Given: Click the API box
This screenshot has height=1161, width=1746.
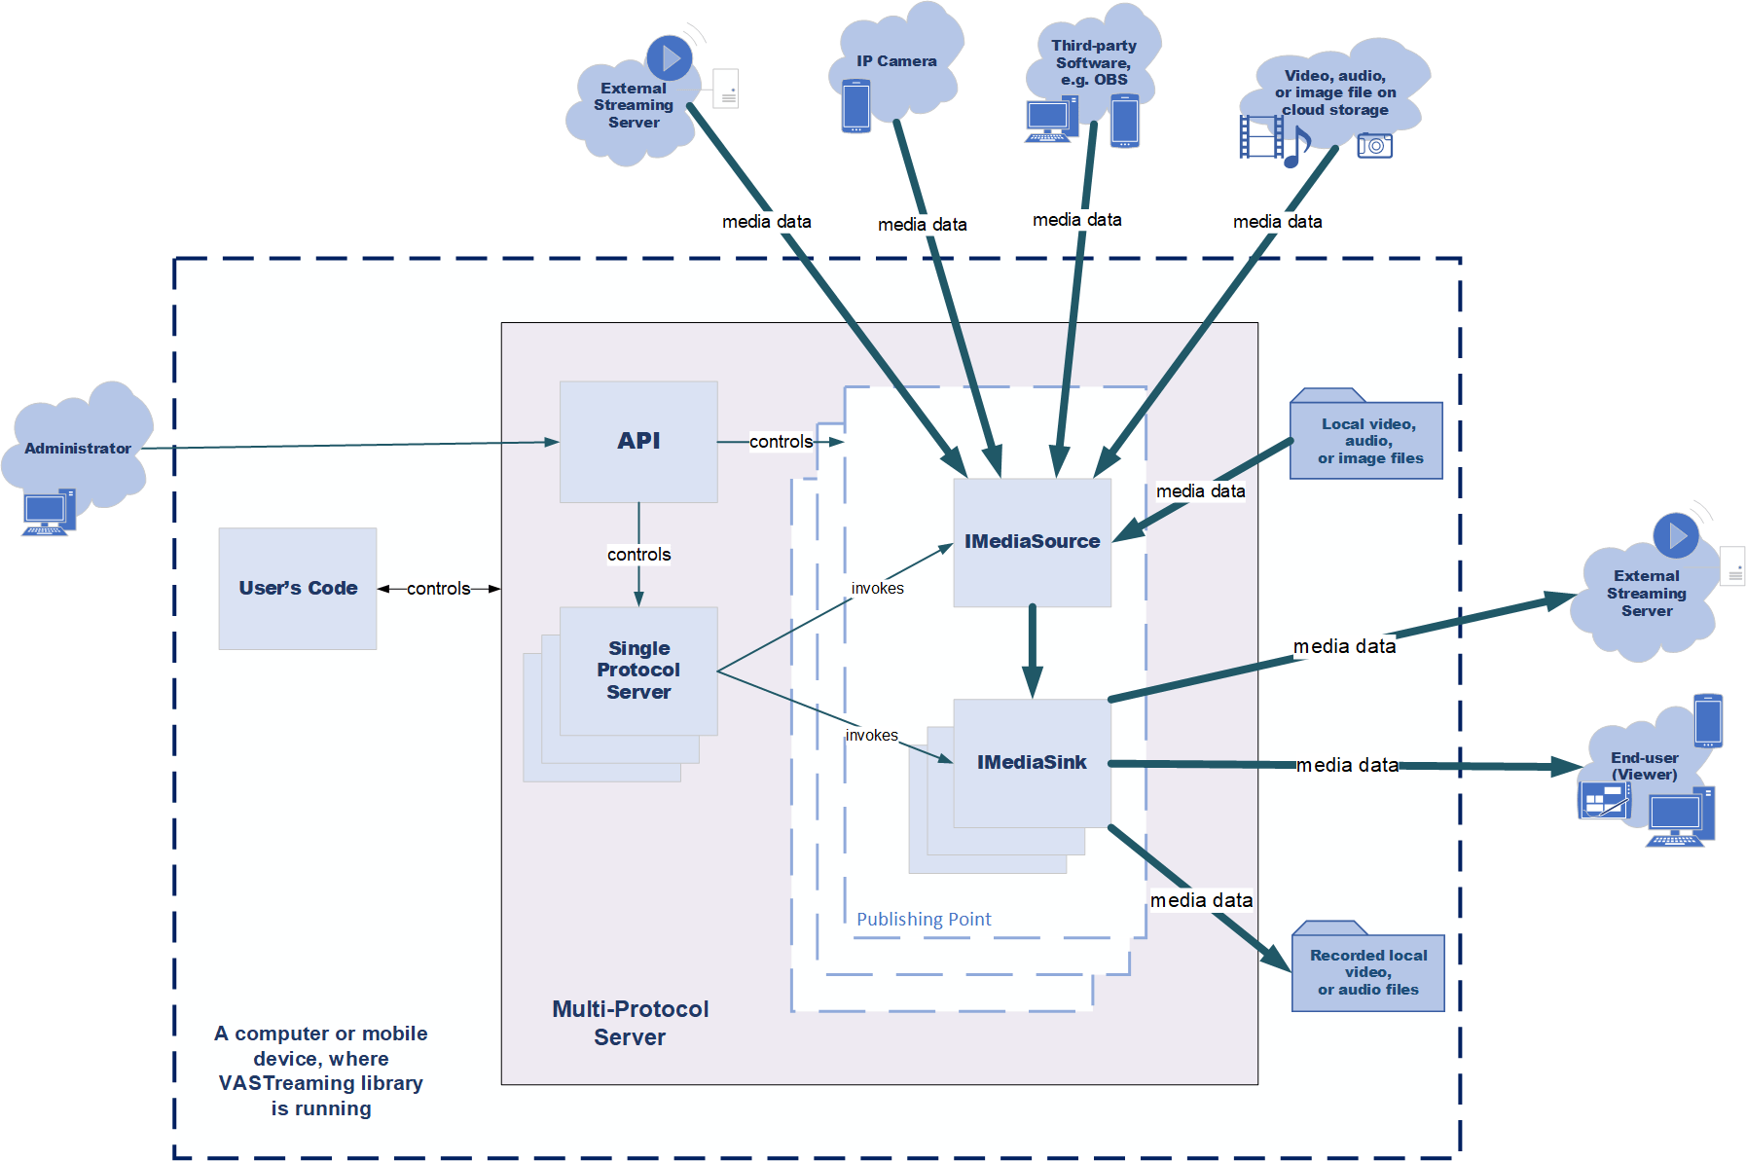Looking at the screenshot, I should (x=638, y=441).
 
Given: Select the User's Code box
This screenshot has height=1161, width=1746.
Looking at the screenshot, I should (x=298, y=588).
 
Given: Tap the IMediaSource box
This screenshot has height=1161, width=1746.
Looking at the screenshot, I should (x=1032, y=542).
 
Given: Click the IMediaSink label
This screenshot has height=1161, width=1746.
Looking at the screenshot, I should (x=1032, y=762).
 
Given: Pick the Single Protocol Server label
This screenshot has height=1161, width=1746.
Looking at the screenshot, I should (x=638, y=670).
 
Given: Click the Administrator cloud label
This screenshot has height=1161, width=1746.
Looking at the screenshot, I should (x=78, y=449).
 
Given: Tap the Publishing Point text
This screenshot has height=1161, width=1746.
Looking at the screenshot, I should (x=924, y=919).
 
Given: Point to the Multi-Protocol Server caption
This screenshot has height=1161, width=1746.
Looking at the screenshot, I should (x=630, y=1023).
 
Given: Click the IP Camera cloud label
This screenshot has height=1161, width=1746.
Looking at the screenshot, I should (x=896, y=61).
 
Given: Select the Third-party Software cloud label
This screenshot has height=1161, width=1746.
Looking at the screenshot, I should (x=1094, y=62).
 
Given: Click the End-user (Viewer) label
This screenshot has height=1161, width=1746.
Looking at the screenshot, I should (x=1644, y=766).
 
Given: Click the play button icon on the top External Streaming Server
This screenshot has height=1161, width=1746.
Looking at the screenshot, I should (x=670, y=58).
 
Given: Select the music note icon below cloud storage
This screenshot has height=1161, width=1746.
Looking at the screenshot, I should (x=1297, y=147).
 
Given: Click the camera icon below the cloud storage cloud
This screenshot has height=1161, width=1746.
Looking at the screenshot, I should (x=1374, y=146).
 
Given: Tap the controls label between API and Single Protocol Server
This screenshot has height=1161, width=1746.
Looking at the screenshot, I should (x=638, y=555).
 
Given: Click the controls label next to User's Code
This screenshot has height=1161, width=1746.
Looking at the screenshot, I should (x=438, y=589).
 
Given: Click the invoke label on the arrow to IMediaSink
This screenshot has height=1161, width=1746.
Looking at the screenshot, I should (x=871, y=736).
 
